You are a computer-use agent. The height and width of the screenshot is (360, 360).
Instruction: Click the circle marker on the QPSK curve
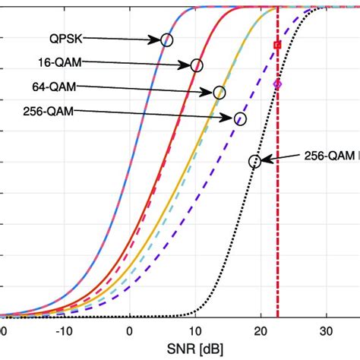(166, 39)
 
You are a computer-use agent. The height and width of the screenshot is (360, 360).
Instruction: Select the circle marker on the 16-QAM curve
(197, 66)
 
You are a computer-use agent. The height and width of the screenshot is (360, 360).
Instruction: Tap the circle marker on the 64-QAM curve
(219, 93)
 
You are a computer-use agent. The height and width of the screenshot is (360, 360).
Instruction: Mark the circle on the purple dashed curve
(241, 118)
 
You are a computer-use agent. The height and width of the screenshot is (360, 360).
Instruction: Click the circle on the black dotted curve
(254, 160)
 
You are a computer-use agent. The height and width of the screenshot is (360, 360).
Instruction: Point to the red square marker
(277, 46)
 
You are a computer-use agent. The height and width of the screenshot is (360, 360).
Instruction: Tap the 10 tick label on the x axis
(195, 330)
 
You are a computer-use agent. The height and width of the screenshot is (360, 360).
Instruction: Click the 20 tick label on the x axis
(261, 330)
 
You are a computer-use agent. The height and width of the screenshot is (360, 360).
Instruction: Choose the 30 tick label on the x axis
(327, 330)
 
